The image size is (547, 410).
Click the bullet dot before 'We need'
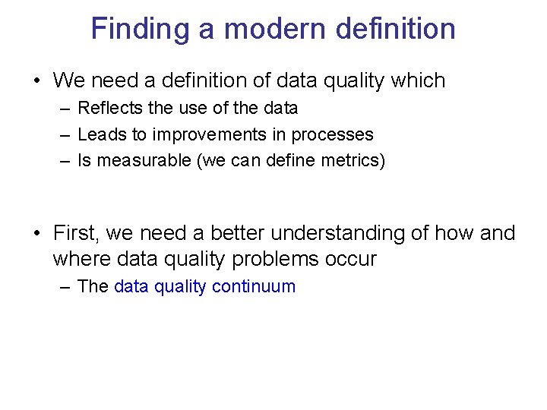click(x=36, y=80)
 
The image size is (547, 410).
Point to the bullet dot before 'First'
click(x=36, y=232)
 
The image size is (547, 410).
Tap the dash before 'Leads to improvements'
click(x=64, y=135)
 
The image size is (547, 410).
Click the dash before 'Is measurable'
click(x=64, y=161)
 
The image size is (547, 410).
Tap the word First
click(x=76, y=232)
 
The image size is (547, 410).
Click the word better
click(x=239, y=232)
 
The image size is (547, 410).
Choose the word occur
click(x=350, y=259)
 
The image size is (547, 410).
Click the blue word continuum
click(x=254, y=286)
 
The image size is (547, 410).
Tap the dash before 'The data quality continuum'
click(x=64, y=286)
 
